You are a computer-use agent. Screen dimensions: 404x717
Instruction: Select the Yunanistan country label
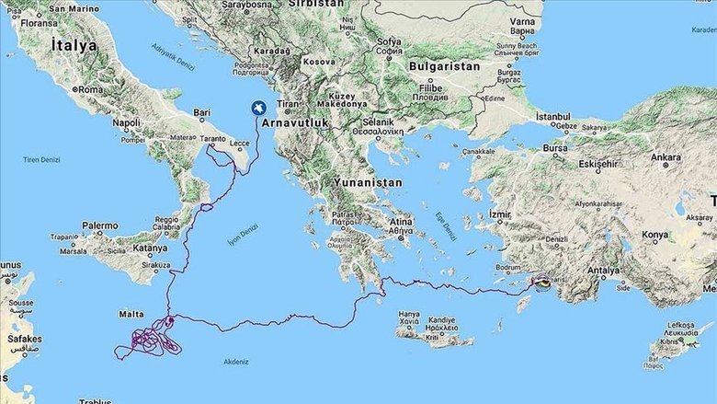368,183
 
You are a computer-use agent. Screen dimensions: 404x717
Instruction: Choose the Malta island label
131,314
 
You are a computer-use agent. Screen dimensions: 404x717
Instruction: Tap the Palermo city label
99,225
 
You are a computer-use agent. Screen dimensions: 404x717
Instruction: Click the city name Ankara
666,157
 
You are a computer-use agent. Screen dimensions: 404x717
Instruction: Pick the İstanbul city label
553,117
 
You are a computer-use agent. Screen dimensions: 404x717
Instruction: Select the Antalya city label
603,271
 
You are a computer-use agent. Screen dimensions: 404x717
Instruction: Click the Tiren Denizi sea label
42,159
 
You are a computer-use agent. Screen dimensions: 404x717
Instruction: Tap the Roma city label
90,90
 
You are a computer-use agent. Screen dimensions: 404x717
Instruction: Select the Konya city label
654,235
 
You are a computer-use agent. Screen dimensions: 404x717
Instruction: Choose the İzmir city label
498,214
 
